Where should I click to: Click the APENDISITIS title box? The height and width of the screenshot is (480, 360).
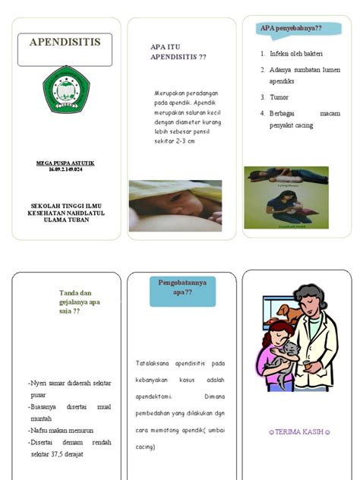coord(65,49)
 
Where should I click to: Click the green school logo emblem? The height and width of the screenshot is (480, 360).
coord(65,90)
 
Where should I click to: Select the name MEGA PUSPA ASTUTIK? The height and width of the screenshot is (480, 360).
coord(65,163)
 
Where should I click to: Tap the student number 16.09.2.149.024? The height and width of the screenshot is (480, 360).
coord(65,169)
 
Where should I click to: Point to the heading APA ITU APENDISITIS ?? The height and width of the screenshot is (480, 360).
coord(178,52)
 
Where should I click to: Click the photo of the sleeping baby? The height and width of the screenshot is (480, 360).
coord(175,205)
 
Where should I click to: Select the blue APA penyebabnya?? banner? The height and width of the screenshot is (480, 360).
coord(291,29)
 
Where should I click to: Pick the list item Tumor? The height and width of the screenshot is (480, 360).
coord(279,97)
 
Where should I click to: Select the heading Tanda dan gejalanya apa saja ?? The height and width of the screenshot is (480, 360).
coord(80,302)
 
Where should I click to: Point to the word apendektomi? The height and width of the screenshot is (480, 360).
coord(155,396)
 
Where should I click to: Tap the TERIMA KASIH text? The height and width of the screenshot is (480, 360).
coord(300,432)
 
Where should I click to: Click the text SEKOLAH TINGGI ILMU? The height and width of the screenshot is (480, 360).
coord(66,205)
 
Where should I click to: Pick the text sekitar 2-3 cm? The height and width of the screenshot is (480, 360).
coord(174,141)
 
